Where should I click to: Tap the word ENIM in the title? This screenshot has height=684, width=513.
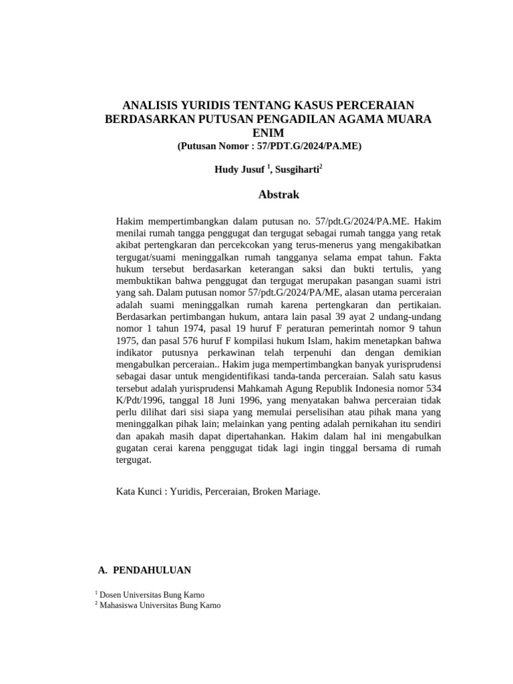click(269, 133)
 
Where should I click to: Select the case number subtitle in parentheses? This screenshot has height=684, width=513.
click(269, 146)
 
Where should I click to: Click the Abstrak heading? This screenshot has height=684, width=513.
click(279, 195)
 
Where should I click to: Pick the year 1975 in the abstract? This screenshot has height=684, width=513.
click(128, 341)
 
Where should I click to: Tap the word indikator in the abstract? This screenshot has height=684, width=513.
click(138, 353)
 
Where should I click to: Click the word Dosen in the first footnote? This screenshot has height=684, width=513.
click(111, 594)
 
